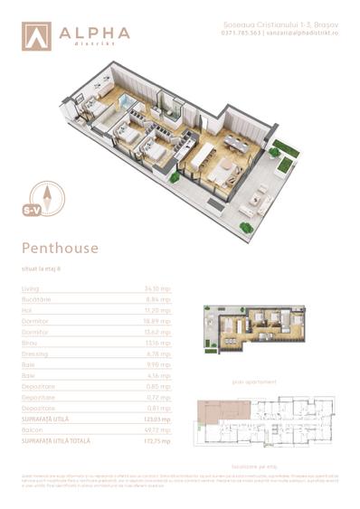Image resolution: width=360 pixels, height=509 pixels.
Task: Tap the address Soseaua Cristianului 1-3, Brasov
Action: click(x=270, y=24)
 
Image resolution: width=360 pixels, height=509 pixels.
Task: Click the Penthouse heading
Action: click(x=59, y=247)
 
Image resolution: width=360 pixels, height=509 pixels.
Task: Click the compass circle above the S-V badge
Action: click(x=40, y=193)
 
